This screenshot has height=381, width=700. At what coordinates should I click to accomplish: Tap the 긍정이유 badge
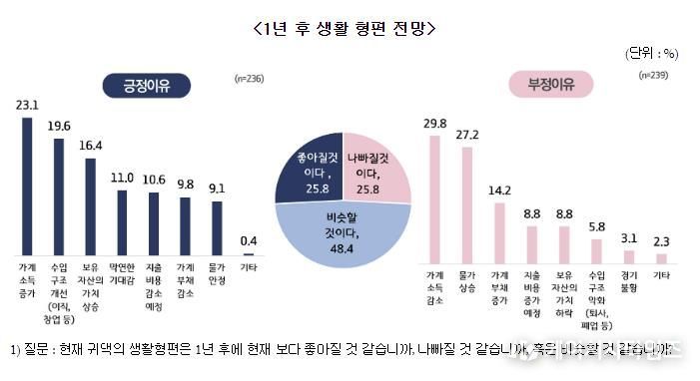(x=143, y=87)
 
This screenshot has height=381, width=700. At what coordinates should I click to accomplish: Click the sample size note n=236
(x=249, y=77)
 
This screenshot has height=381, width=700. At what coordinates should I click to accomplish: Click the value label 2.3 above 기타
(x=661, y=240)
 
